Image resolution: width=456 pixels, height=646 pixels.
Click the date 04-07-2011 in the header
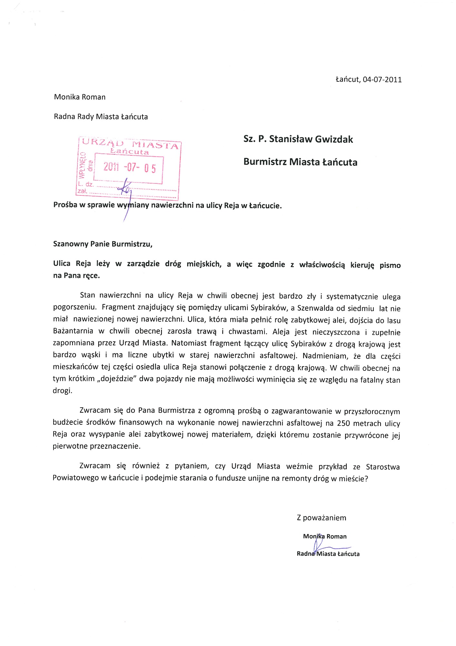point(382,79)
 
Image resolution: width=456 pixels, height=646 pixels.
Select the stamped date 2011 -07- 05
point(130,167)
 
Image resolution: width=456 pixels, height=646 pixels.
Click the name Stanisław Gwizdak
point(311,139)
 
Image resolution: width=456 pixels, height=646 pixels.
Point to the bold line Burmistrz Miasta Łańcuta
point(300,162)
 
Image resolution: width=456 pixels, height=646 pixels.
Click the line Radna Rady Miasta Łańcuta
point(101,117)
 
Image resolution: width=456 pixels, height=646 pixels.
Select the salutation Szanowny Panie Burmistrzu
point(103,244)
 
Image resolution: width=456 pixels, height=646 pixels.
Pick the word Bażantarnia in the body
point(73,331)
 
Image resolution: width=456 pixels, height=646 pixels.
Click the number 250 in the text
point(343,423)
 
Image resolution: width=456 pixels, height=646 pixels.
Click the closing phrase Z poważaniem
point(321,518)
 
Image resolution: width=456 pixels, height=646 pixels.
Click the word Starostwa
point(383,467)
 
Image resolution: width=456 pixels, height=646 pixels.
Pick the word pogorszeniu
point(75,307)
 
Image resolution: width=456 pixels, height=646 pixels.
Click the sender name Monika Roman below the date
point(80,97)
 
